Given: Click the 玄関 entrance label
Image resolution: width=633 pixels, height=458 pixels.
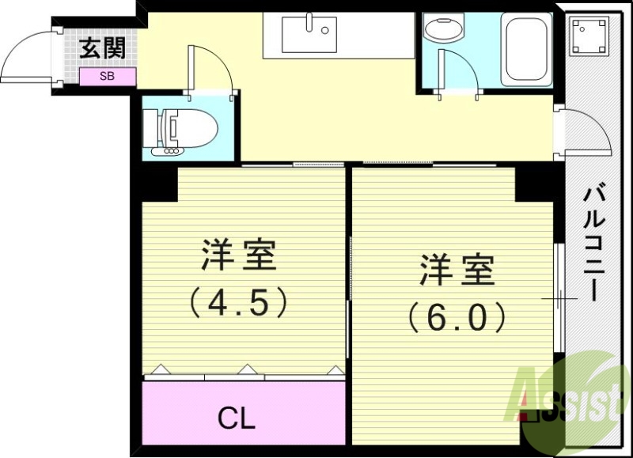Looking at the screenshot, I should pos(103,50).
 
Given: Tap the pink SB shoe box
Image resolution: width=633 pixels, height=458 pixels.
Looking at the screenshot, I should pos(108,77).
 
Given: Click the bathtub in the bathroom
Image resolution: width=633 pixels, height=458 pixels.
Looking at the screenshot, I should pos(527,49).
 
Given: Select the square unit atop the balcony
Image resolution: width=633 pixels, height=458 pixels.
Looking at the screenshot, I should pos(586,35).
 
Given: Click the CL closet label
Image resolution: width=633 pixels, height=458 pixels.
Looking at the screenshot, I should pos(237,418).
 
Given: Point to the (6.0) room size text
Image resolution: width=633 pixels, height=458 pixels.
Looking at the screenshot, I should pos(457,316).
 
